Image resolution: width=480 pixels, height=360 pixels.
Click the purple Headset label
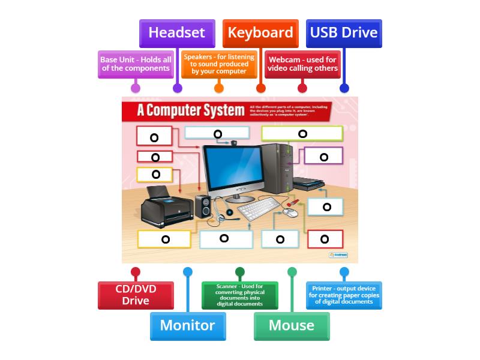pos(177,33)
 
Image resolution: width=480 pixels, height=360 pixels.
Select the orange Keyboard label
pos(260,33)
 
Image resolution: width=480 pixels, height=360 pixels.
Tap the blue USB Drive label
pos(344,33)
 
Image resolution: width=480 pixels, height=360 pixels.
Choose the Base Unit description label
pos(136,64)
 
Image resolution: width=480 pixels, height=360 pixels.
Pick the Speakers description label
pos(219,64)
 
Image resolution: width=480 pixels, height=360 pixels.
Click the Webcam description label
pos(302,64)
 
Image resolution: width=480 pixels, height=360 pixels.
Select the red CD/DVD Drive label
pos(136,295)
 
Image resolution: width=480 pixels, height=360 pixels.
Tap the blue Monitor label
pos(188,325)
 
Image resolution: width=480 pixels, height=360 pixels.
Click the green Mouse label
pos(292,325)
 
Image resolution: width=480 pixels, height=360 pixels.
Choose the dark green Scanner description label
pos(240,295)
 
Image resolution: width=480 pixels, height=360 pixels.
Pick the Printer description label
pos(344,295)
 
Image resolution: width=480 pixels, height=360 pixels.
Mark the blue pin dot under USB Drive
pos(344,88)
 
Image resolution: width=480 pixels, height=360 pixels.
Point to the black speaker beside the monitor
pos(203,207)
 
